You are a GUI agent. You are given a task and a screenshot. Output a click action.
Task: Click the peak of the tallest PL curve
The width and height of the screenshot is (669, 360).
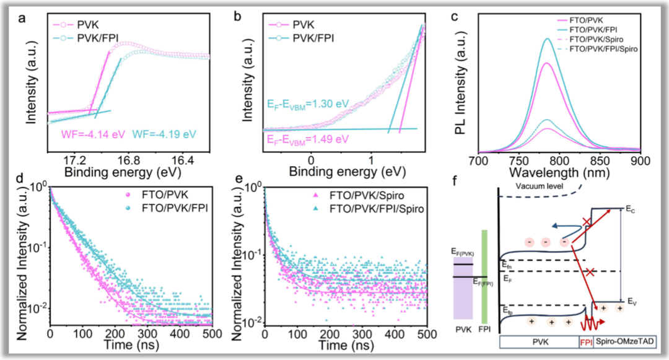[548, 39]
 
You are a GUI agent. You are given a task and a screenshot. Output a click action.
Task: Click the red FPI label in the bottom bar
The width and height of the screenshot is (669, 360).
[585, 341]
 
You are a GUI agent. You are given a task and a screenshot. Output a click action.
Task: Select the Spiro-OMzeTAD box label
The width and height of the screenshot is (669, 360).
[623, 341]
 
